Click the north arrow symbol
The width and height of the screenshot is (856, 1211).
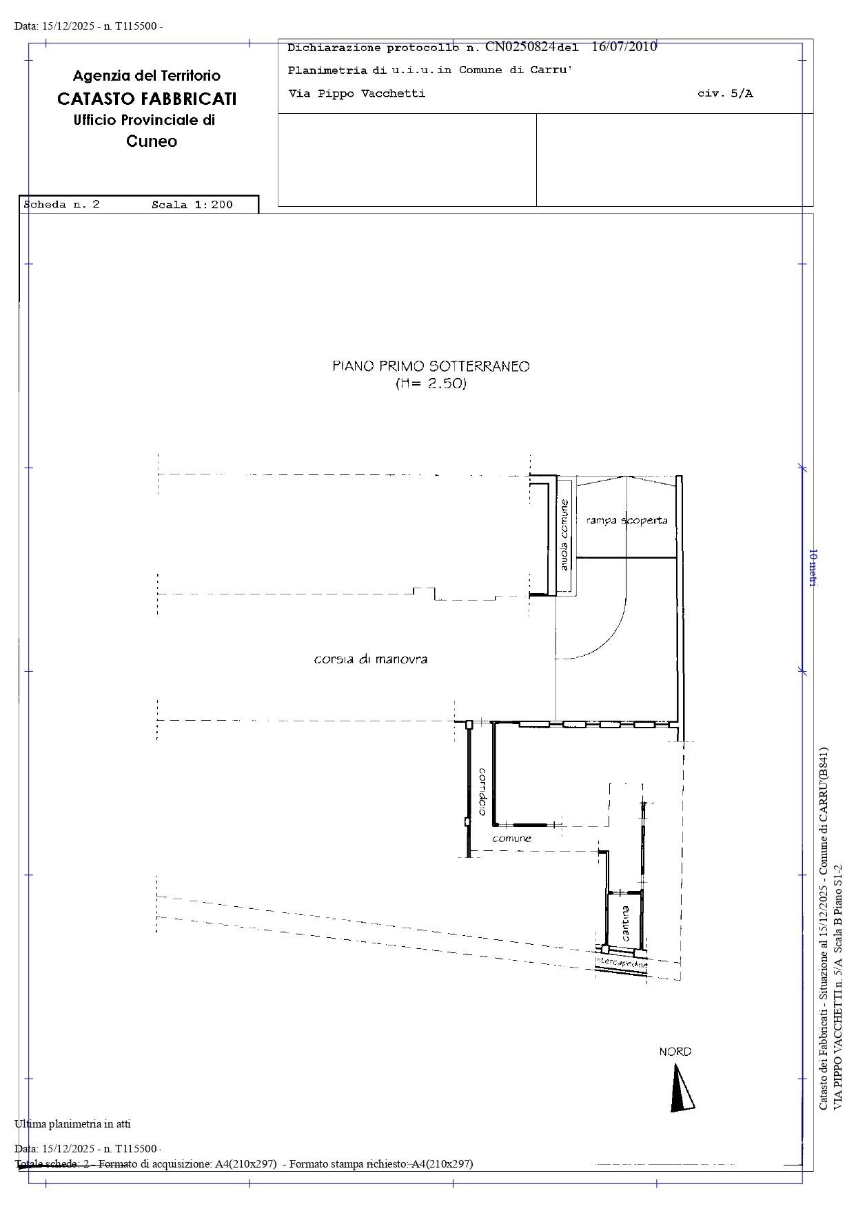point(681,1088)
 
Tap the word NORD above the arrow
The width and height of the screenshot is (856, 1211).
point(675,1052)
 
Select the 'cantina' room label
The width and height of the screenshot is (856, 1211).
point(625,923)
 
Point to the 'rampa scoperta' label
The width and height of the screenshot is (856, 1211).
point(626,520)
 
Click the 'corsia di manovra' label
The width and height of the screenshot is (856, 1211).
point(371,659)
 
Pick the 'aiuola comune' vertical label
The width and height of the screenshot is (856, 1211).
point(564,534)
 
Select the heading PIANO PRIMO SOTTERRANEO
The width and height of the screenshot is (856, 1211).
point(431,366)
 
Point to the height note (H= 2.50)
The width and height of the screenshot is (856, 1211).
point(431,384)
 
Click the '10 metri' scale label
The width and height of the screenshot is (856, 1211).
point(813,568)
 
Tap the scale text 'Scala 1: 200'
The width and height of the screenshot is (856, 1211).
point(192,205)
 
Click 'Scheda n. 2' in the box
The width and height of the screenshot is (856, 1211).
point(62,205)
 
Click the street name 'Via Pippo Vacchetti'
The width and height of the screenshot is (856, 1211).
point(356,94)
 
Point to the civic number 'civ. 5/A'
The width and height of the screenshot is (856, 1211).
point(725,94)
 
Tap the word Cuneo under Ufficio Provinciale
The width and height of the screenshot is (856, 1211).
point(152,141)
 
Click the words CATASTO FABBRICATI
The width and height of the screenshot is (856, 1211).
point(147,99)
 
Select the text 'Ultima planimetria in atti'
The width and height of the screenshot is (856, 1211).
point(72,1124)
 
